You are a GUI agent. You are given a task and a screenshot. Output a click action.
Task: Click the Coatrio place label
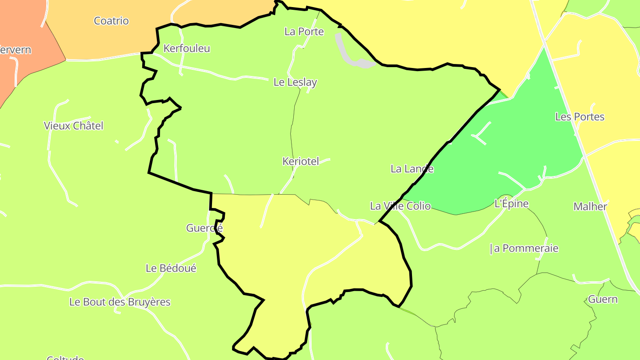tap(111, 21)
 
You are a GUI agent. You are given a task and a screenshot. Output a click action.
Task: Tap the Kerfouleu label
tap(187, 48)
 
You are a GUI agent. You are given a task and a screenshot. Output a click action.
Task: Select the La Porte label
tap(304, 32)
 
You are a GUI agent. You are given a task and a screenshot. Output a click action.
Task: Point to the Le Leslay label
tap(295, 82)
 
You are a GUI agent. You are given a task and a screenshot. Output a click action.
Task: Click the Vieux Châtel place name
tap(73, 126)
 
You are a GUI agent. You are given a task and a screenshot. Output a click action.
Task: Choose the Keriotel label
tap(300, 161)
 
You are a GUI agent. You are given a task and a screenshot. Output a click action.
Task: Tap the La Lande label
tap(412, 169)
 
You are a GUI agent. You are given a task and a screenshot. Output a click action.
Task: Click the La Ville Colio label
tap(400, 206)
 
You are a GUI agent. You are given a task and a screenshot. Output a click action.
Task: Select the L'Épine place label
tap(512, 204)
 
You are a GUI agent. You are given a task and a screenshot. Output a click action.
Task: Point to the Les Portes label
tap(580, 117)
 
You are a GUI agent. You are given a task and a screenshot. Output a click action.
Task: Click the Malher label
tap(590, 207)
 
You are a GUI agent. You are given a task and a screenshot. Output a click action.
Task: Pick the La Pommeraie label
tap(524, 248)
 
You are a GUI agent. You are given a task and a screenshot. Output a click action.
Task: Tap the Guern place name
tap(603, 299)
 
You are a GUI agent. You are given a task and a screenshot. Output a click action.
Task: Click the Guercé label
tap(204, 228)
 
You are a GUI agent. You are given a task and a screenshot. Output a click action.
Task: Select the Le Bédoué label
tap(171, 268)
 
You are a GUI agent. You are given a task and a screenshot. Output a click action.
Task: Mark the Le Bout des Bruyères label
tap(120, 302)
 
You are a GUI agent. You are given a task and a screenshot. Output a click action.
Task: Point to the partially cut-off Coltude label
tap(65, 357)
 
